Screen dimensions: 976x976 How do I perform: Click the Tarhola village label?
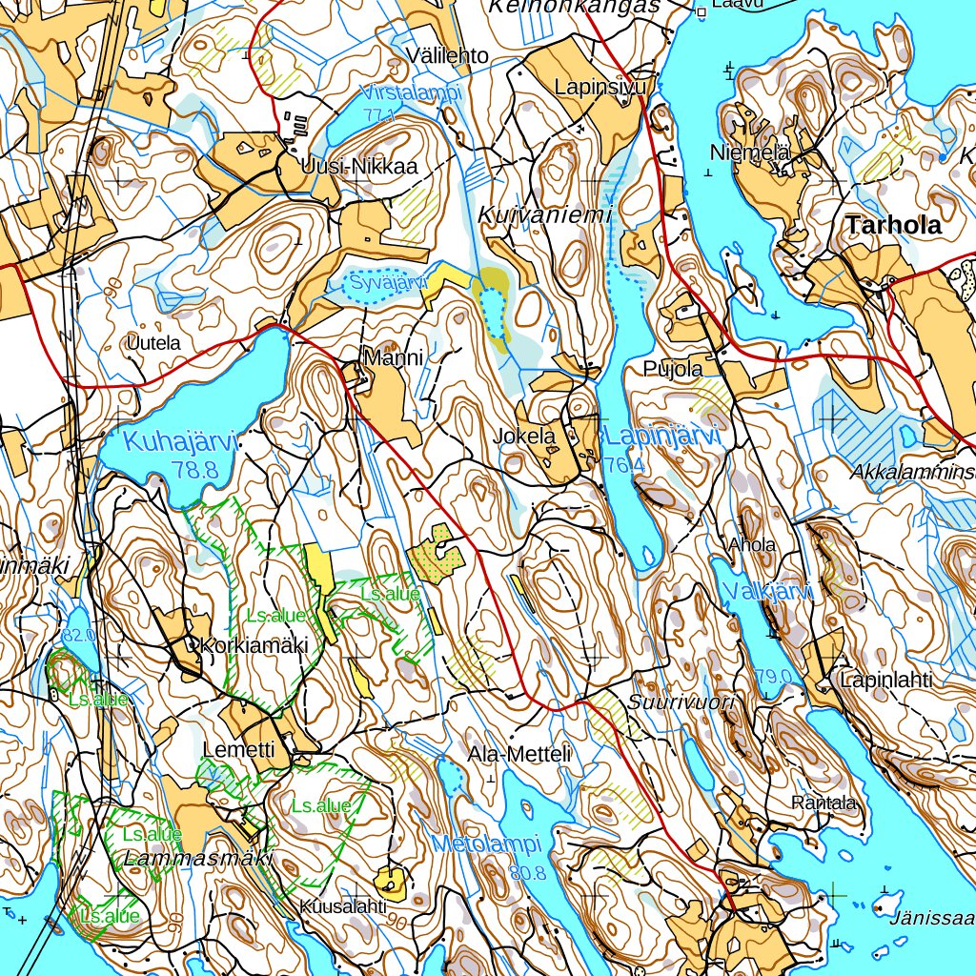click(x=892, y=226)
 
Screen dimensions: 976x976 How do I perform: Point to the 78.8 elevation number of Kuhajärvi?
click(x=196, y=469)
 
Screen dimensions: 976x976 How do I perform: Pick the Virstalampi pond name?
click(x=411, y=93)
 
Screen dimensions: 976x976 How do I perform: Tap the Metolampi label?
click(x=486, y=844)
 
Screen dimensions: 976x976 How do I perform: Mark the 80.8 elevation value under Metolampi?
click(x=526, y=872)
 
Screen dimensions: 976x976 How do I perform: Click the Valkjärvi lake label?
click(x=767, y=592)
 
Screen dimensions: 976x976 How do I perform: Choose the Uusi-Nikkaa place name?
click(x=358, y=168)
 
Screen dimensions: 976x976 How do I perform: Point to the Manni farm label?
click(x=393, y=356)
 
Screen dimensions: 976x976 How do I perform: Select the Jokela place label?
click(x=525, y=437)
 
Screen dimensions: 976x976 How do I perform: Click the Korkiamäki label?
click(x=248, y=645)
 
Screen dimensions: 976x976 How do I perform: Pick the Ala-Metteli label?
click(x=519, y=755)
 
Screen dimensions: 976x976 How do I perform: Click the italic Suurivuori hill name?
click(x=682, y=702)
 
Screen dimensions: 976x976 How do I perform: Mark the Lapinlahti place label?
click(x=885, y=681)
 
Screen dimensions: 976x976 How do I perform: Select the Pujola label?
click(x=673, y=368)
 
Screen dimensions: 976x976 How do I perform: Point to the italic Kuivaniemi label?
click(x=544, y=215)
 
